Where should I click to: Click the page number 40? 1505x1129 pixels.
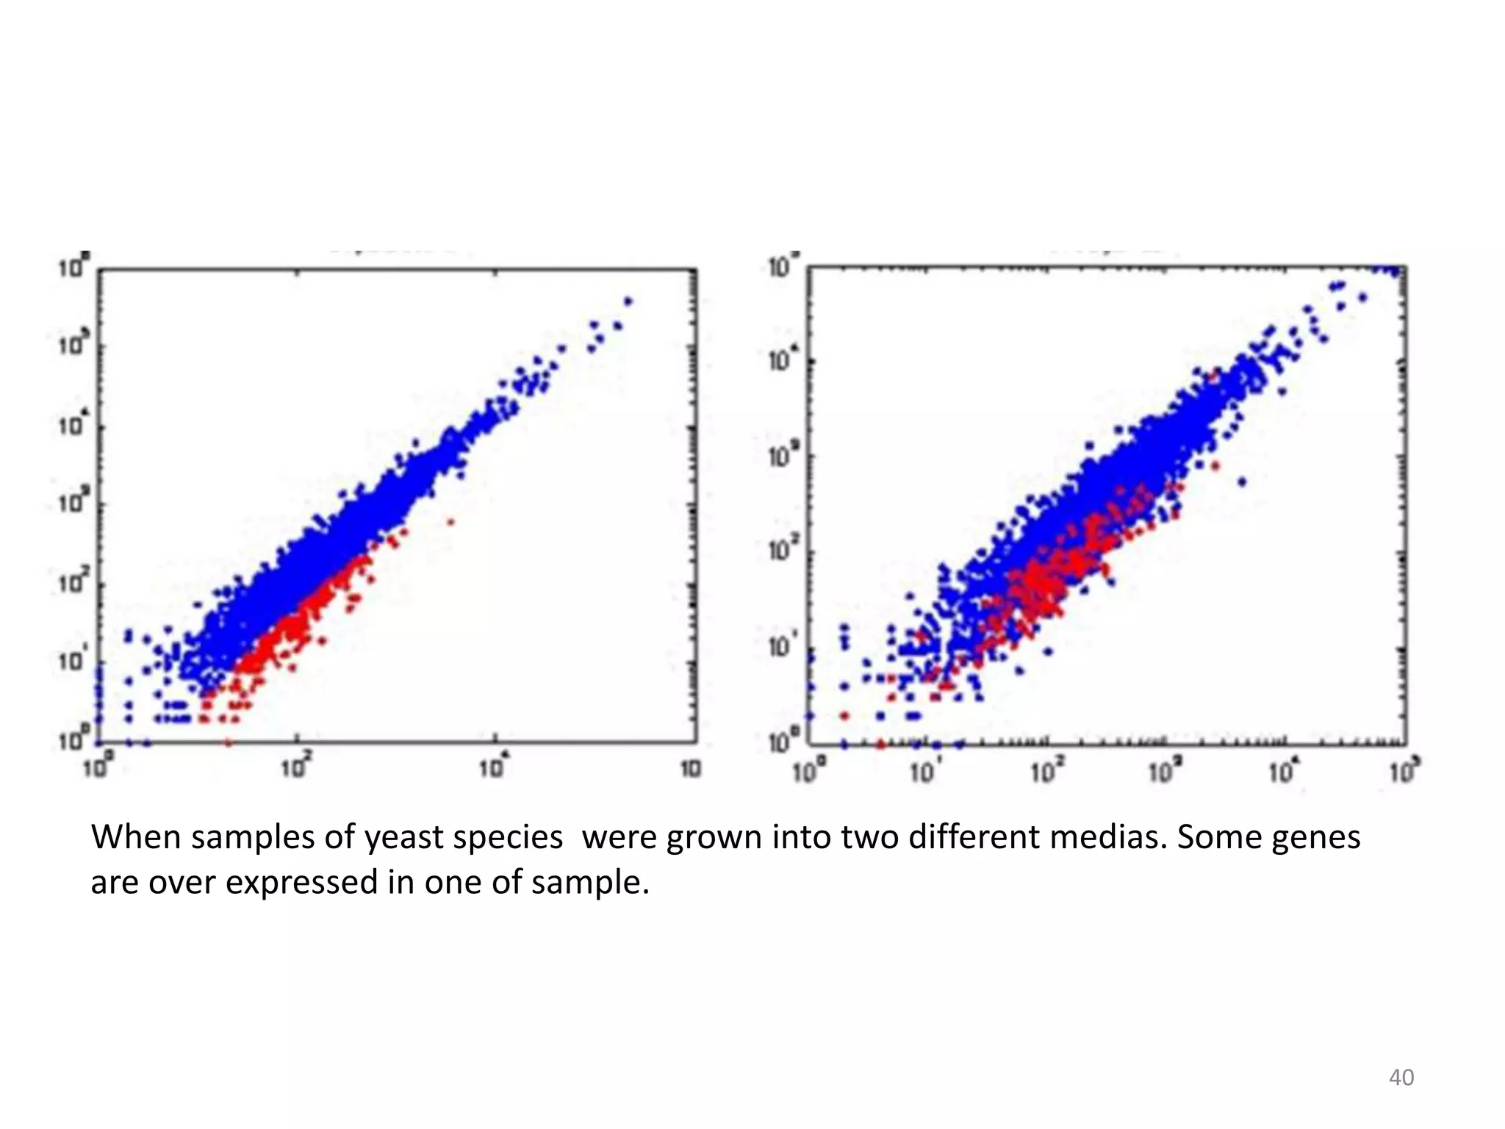point(1401,1078)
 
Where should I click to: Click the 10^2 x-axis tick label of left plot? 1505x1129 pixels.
point(295,769)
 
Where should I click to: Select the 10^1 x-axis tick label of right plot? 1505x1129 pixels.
point(924,773)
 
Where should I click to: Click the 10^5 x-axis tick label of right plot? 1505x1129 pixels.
point(1404,773)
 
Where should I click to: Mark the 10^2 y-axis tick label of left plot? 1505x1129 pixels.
point(73,584)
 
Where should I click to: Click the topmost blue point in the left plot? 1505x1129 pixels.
point(628,301)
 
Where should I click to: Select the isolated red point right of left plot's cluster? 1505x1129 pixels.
point(450,522)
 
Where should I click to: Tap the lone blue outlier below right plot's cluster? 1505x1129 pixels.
point(1242,482)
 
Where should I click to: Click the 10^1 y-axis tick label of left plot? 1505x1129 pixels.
point(73,662)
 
